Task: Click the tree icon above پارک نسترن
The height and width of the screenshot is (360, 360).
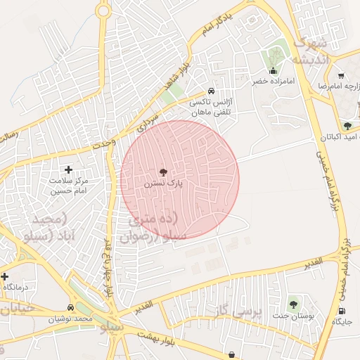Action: click(x=163, y=172)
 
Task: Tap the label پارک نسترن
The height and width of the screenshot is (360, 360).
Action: click(x=163, y=183)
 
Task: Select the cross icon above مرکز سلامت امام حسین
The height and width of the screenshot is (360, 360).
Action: click(x=68, y=169)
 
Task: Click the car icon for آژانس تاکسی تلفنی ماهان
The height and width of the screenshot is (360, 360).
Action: click(x=211, y=91)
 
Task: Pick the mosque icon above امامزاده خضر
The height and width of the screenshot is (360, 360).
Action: click(x=274, y=71)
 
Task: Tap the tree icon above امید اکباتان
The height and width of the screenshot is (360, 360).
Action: click(x=347, y=125)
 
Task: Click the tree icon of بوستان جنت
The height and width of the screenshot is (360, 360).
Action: click(x=293, y=304)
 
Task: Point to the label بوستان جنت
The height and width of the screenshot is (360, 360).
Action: click(x=293, y=316)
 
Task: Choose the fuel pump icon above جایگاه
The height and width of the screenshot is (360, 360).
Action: click(x=342, y=311)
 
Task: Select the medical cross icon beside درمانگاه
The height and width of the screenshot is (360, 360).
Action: click(x=4, y=277)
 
